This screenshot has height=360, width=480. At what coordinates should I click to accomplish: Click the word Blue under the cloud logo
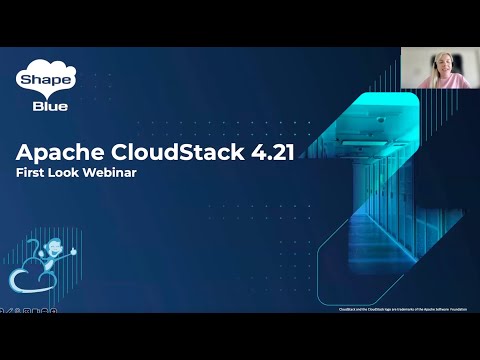click(x=36, y=101)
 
